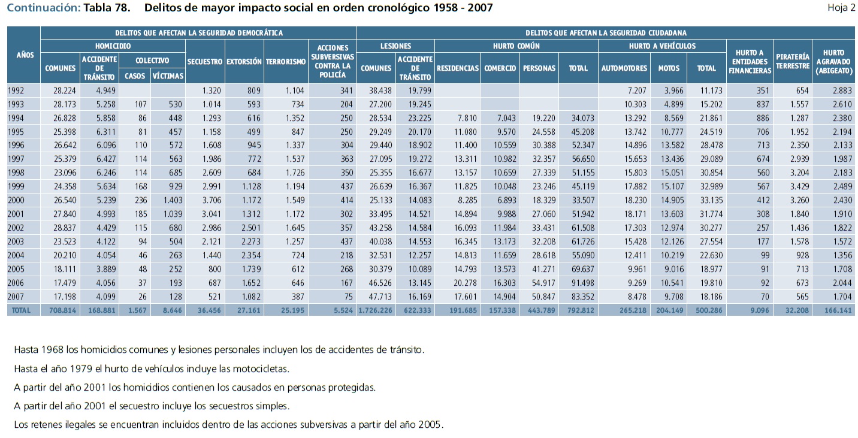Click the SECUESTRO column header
click(x=205, y=61)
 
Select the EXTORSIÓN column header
click(x=244, y=61)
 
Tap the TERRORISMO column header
click(x=286, y=61)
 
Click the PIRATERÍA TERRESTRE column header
click(x=792, y=61)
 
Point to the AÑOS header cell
click(x=24, y=55)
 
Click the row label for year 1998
click(x=16, y=172)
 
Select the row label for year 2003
click(x=16, y=241)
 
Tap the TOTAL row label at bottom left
click(x=19, y=310)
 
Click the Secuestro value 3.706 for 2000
click(x=211, y=200)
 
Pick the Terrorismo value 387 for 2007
click(x=296, y=296)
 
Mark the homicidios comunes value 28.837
click(x=64, y=227)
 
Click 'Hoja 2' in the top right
click(x=841, y=8)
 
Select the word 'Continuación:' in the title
click(x=43, y=8)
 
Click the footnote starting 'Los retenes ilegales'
click(x=228, y=425)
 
